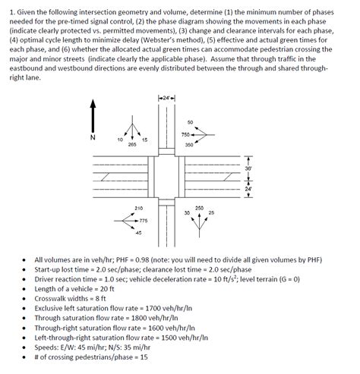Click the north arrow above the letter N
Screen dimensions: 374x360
click(x=93, y=117)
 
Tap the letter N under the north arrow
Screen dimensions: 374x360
click(x=93, y=138)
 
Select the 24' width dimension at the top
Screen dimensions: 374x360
click(x=166, y=98)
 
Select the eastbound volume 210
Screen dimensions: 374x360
click(x=138, y=208)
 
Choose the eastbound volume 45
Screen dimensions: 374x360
click(x=137, y=231)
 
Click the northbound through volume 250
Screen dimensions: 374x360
click(x=199, y=208)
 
